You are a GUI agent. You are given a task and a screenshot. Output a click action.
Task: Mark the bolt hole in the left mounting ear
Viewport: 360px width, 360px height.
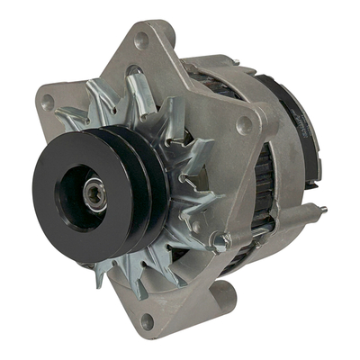(48, 103)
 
